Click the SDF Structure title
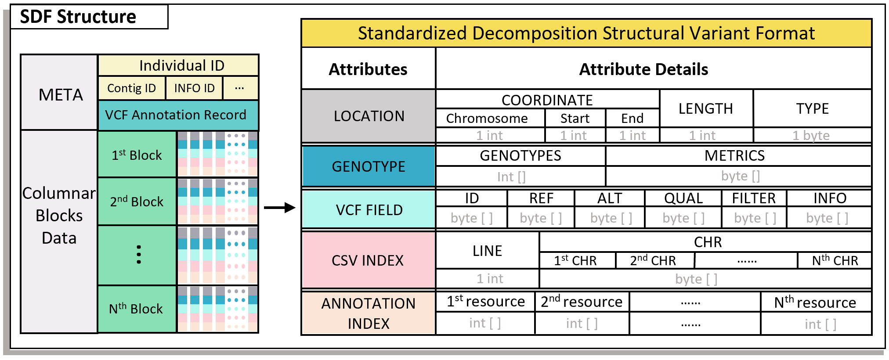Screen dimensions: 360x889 click(78, 17)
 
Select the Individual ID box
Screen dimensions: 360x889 click(181, 65)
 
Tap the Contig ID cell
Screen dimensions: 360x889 click(131, 88)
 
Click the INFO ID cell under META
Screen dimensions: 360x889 click(194, 88)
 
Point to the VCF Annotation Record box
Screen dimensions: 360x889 click(176, 115)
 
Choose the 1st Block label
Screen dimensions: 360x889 click(137, 155)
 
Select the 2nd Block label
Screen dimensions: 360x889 click(137, 202)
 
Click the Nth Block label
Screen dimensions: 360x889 click(136, 309)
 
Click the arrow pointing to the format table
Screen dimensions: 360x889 click(280, 208)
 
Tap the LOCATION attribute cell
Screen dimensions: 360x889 click(369, 116)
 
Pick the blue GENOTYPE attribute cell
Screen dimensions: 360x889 click(369, 166)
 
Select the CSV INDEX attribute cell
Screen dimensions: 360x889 click(368, 260)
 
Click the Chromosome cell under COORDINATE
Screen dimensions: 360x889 click(487, 119)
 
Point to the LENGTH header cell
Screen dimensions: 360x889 click(705, 108)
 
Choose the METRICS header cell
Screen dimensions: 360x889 click(734, 156)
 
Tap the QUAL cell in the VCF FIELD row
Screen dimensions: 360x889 click(683, 198)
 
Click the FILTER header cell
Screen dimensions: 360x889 click(754, 198)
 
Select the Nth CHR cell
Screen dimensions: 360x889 click(835, 261)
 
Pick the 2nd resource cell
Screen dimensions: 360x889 click(581, 302)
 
